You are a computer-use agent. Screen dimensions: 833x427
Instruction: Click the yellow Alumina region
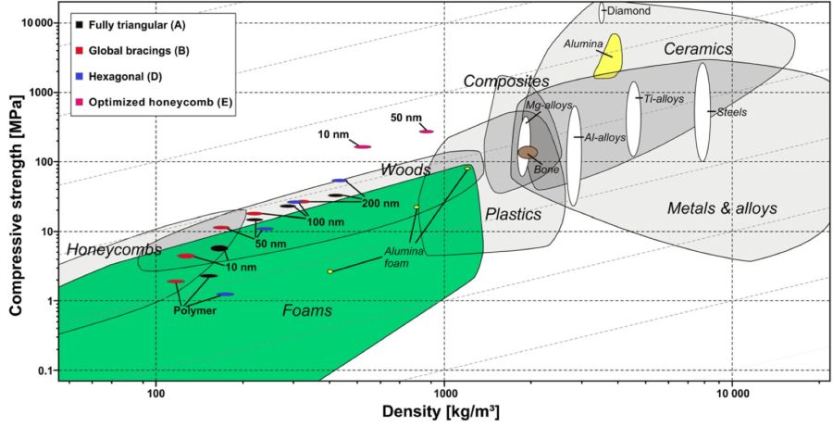608,57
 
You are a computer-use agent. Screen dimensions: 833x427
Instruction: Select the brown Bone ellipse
528,152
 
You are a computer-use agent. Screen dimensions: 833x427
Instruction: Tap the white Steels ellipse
702,112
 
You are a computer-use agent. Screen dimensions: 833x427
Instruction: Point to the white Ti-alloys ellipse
633,119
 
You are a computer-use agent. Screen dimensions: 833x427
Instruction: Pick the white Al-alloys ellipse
574,156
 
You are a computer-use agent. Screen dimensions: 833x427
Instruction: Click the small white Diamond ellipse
602,12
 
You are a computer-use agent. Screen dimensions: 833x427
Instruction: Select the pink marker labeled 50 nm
427,132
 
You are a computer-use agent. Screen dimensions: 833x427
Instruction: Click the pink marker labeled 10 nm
363,146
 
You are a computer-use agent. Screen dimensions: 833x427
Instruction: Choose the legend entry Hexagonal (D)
119,77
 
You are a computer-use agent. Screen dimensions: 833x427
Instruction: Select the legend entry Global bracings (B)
132,51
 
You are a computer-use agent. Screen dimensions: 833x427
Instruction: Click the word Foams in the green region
307,310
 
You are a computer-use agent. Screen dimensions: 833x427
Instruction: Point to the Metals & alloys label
722,208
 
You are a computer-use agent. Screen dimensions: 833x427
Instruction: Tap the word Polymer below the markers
194,311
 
